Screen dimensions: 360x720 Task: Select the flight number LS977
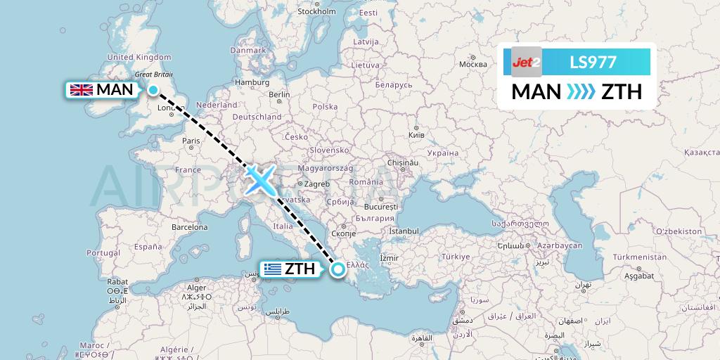(593, 63)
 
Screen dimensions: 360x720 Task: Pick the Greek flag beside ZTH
(271, 269)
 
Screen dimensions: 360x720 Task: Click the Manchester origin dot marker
(153, 89)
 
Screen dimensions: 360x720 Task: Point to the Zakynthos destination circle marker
(338, 268)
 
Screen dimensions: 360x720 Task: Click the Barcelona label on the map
(190, 227)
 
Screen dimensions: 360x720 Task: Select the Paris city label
(191, 141)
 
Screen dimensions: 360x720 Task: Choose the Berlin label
(279, 94)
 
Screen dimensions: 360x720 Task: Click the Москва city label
(472, 64)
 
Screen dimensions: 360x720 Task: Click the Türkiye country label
(456, 256)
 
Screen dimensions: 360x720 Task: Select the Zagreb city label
(316, 184)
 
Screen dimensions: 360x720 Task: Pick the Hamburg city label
(253, 82)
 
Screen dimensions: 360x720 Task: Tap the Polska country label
(325, 106)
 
